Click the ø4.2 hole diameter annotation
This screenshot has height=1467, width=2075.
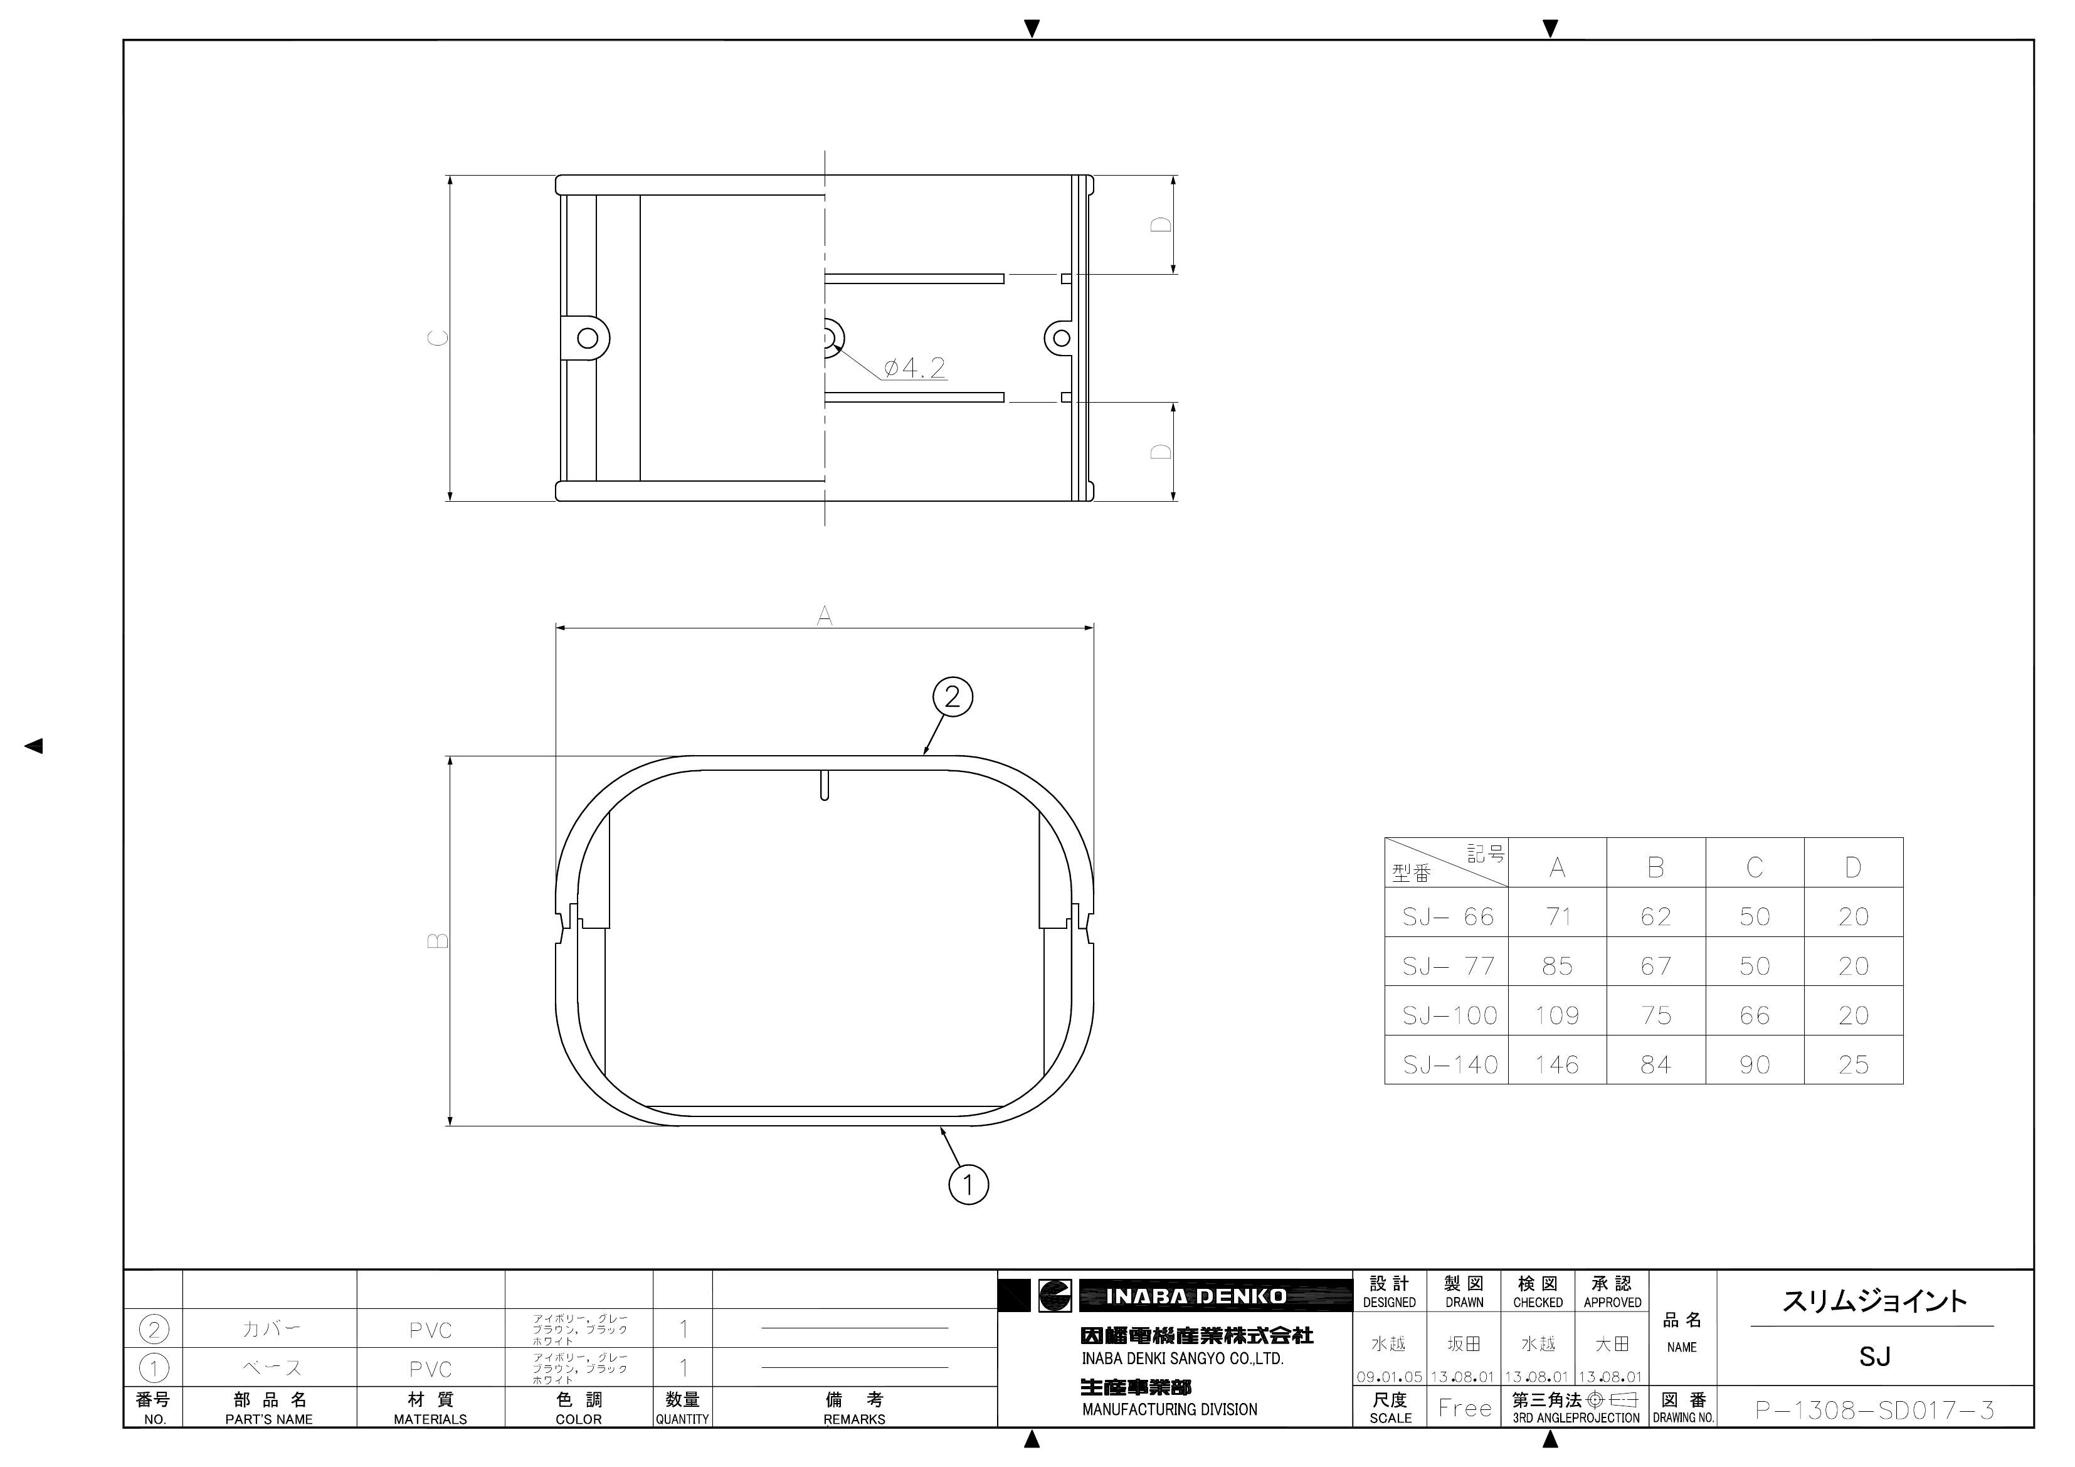click(x=914, y=368)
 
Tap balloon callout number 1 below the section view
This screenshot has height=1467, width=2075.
click(x=969, y=1184)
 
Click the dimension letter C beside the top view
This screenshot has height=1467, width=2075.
click(x=438, y=338)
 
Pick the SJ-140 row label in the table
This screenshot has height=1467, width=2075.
click(x=1450, y=1065)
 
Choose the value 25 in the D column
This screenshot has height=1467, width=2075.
click(x=1854, y=1065)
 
